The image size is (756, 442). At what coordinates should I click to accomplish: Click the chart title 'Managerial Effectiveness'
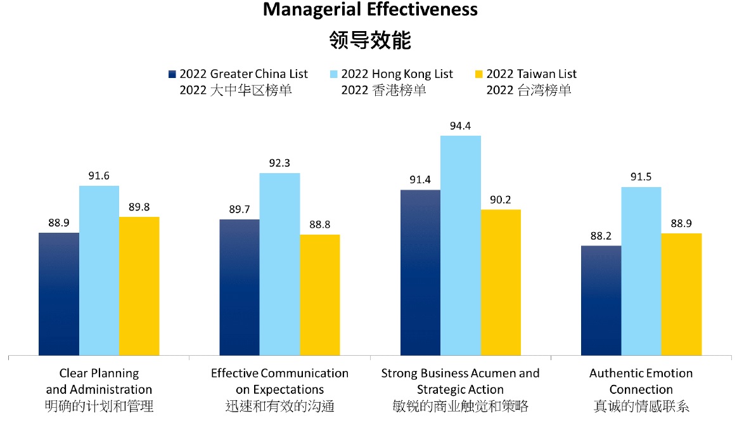point(370,10)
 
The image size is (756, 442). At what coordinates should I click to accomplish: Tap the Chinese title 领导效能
point(370,41)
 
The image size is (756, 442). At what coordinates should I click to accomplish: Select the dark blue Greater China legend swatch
point(172,74)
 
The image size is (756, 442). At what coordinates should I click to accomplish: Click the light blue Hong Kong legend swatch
point(333,74)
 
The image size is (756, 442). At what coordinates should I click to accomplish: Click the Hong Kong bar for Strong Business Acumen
point(460,245)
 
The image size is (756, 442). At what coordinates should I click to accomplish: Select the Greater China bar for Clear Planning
point(59,294)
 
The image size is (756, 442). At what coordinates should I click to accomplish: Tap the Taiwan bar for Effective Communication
point(319,295)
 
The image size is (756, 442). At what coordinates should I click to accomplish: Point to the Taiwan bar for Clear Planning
point(139,286)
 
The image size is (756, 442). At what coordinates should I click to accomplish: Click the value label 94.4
point(460,126)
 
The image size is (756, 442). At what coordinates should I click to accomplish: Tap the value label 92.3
point(279,163)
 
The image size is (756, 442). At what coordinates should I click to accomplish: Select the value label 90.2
point(500,200)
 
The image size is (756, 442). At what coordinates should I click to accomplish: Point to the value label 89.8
point(139,207)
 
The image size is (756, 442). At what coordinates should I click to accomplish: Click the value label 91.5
point(641,177)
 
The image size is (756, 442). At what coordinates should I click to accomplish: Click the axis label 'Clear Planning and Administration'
point(99,381)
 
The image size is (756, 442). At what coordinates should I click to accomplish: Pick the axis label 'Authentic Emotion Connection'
point(641,381)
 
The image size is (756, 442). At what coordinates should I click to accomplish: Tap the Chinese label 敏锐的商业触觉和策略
point(460,406)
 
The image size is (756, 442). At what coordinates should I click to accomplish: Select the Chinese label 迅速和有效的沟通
point(279,406)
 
